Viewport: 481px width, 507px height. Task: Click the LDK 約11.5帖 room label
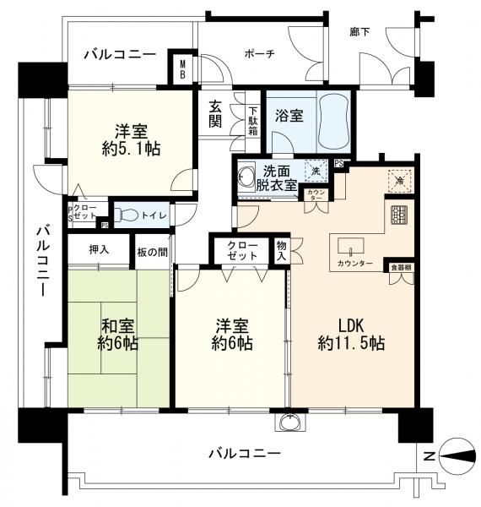351,333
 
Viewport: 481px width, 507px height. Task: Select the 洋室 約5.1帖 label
131,139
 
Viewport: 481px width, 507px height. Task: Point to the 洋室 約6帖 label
230,333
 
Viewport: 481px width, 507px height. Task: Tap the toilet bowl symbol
127,215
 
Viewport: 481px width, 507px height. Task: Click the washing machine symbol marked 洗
314,170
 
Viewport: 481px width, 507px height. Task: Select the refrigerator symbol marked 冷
397,181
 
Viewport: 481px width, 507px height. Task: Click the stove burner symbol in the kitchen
397,215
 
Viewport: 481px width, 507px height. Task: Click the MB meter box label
181,68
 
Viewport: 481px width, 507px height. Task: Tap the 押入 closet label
99,250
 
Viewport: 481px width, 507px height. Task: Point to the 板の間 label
153,250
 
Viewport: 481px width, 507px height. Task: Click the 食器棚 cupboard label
400,268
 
